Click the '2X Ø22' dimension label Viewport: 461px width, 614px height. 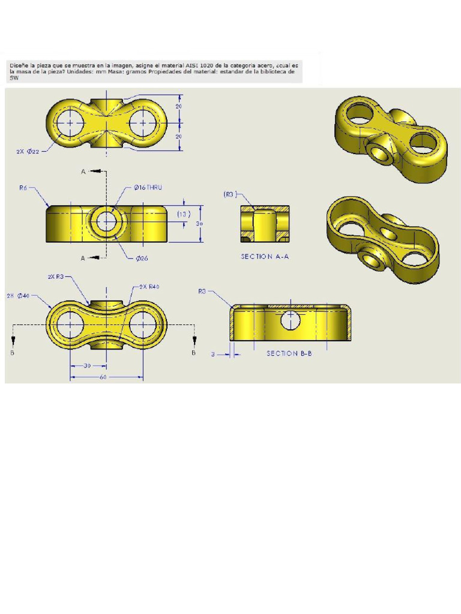pyautogui.click(x=28, y=152)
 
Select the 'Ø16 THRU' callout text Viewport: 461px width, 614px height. pyautogui.click(x=146, y=188)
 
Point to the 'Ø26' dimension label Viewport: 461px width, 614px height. pyautogui.click(x=142, y=258)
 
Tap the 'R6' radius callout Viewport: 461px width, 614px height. pyautogui.click(x=23, y=188)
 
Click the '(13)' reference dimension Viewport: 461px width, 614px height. pyautogui.click(x=185, y=214)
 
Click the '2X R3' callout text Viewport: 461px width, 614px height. pyautogui.click(x=55, y=277)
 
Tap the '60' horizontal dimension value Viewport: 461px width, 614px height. pyautogui.click(x=104, y=377)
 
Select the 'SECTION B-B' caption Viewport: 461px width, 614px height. pyautogui.click(x=289, y=353)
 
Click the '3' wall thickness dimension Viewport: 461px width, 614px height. pyautogui.click(x=212, y=354)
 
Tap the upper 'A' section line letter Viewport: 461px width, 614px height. pyautogui.click(x=83, y=172)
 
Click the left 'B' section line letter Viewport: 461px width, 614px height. pyautogui.click(x=12, y=353)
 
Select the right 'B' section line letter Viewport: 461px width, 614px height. pyautogui.click(x=193, y=353)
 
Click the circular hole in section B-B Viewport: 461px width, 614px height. pyautogui.click(x=291, y=320)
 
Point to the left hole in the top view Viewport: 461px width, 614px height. pyautogui.click(x=71, y=122)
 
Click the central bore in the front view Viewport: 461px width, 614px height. pyautogui.click(x=107, y=222)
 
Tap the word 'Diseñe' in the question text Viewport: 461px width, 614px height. pyautogui.click(x=19, y=64)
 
